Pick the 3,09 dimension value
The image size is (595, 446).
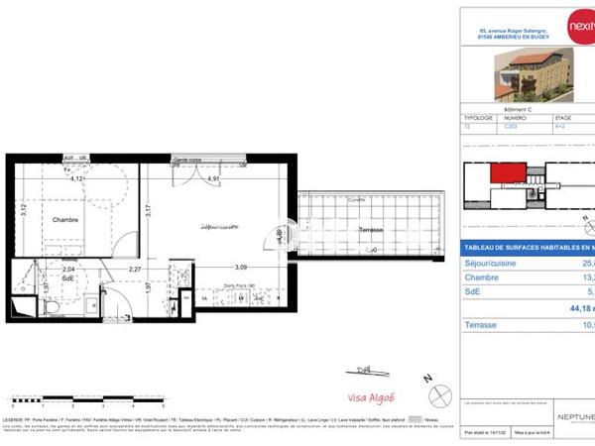pyautogui.click(x=240, y=268)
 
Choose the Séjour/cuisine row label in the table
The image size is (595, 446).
pyautogui.click(x=493, y=264)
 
